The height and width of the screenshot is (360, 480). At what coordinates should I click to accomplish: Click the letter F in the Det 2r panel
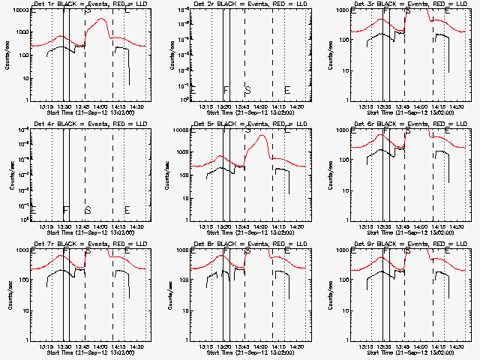(226, 90)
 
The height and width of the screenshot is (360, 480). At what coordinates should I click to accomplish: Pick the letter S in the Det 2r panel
(247, 90)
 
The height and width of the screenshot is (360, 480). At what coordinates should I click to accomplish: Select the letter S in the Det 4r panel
(88, 210)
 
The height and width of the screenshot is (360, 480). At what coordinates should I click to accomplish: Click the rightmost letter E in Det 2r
(287, 90)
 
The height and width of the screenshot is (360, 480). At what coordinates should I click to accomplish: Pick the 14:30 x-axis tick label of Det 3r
(457, 107)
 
